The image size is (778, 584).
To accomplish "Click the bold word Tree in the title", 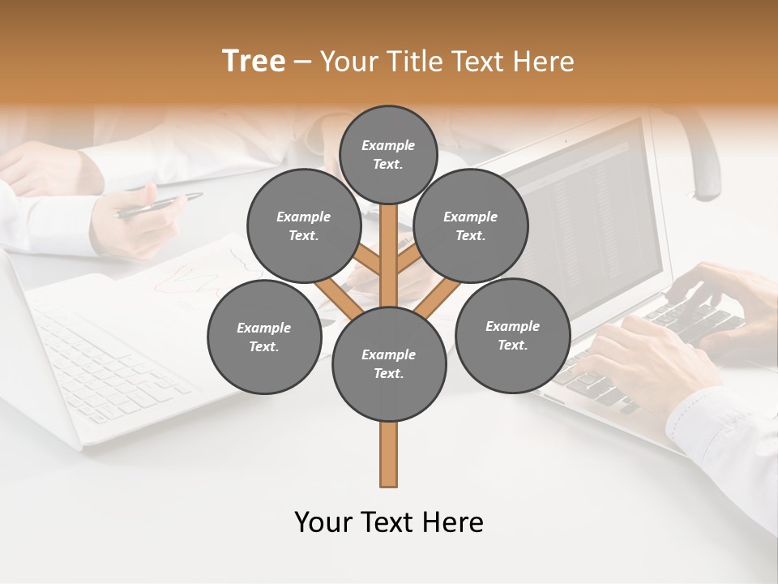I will point(254,62).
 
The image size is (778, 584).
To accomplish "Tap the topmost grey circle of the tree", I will point(388,154).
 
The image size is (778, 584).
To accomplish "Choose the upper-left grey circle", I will point(303,225).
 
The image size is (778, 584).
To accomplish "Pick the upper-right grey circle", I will point(470,225).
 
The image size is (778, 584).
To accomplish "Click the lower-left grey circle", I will point(263,337).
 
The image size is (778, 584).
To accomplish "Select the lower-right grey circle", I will point(512,335).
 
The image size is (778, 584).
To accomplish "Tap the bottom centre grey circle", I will point(388,363).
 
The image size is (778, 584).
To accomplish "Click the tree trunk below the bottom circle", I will point(388,454).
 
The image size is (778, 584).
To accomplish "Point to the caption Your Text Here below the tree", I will point(388,522).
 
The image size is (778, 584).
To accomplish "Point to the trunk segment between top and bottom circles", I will point(389,255).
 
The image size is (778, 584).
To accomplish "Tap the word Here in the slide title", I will point(541,62).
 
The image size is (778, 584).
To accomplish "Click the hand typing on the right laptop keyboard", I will point(648,357).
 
